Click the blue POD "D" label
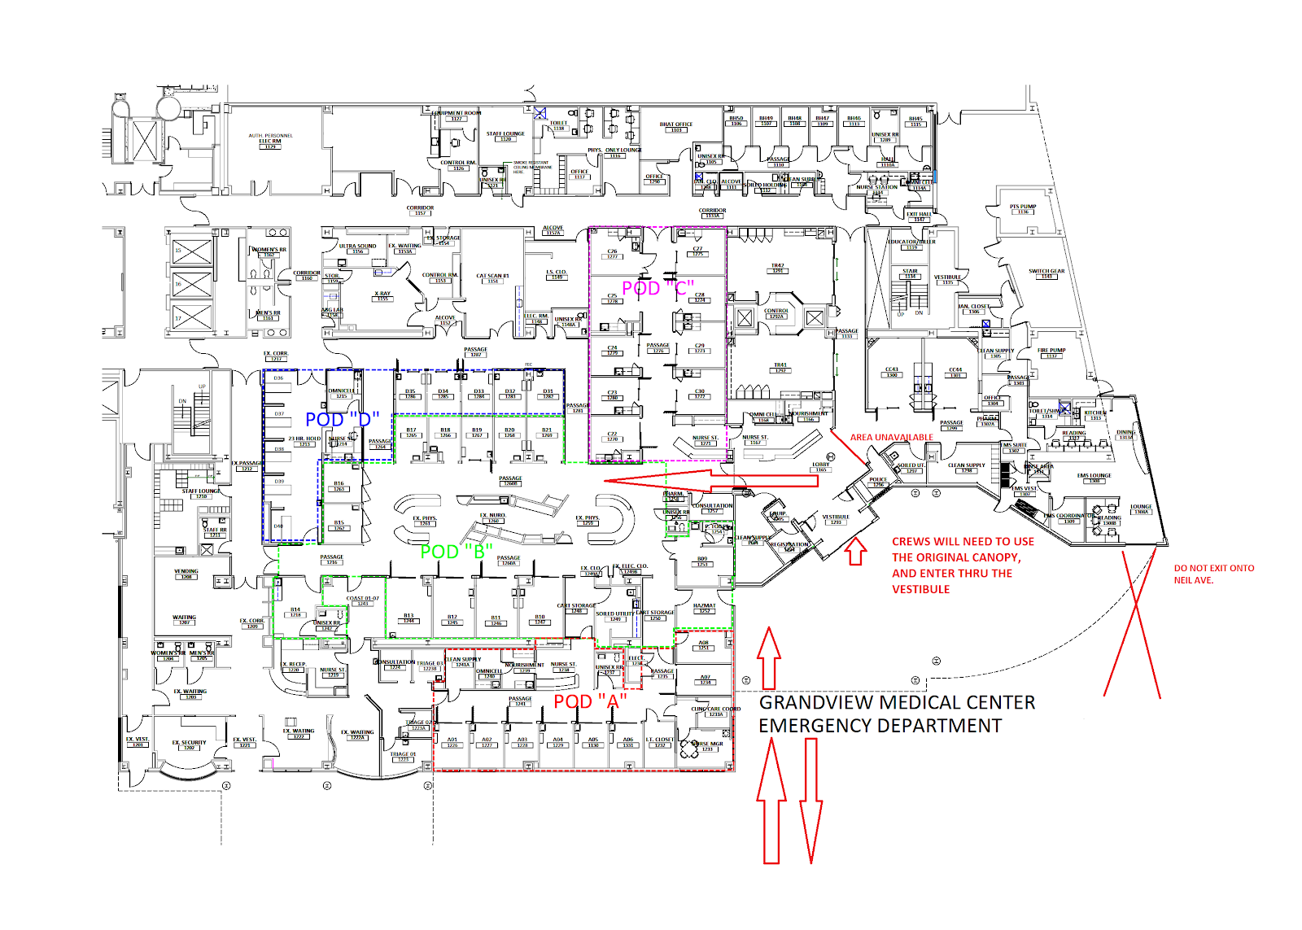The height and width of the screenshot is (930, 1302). [x=342, y=420]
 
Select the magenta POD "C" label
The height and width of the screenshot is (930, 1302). [x=658, y=288]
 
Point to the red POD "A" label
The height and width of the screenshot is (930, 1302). [x=590, y=701]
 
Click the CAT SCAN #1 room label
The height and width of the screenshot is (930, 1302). [x=492, y=277]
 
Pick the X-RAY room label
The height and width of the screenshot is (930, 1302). [x=382, y=295]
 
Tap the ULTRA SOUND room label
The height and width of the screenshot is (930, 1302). [x=357, y=247]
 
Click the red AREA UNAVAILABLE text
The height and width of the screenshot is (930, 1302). [x=891, y=438]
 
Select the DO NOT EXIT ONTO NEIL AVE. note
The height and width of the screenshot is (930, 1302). [x=1213, y=574]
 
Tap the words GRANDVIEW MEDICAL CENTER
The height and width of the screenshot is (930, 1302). [x=897, y=703]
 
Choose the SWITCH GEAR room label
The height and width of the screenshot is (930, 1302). [x=1046, y=273]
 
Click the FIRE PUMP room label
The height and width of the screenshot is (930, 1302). [x=1051, y=351]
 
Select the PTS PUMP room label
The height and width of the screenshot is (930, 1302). [x=1023, y=207]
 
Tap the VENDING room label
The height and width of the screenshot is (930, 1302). [x=186, y=572]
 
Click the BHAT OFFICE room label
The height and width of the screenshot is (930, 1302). [x=675, y=125]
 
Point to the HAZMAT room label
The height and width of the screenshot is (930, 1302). [x=704, y=606]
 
